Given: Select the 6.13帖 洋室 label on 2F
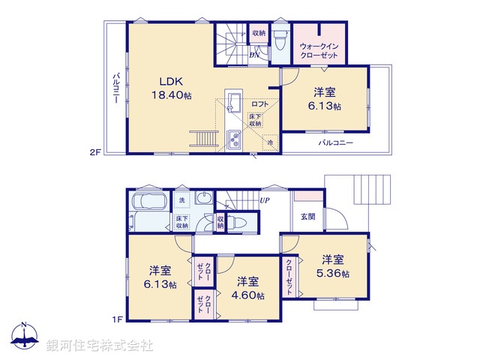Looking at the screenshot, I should pos(325,100).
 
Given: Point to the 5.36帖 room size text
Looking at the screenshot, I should pos(334,274).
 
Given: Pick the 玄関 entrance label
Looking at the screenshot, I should pos(308,217).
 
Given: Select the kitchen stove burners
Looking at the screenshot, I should pos(232,139).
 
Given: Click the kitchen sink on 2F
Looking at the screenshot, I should pos(232,103).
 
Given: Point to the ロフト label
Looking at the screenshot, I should pos(260,104).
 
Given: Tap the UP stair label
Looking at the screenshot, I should pos(264,200).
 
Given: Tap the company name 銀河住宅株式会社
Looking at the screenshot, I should pos(99,346).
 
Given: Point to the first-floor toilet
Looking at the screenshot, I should pos(239,222).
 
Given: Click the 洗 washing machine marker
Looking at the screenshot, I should pos(182,201).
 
